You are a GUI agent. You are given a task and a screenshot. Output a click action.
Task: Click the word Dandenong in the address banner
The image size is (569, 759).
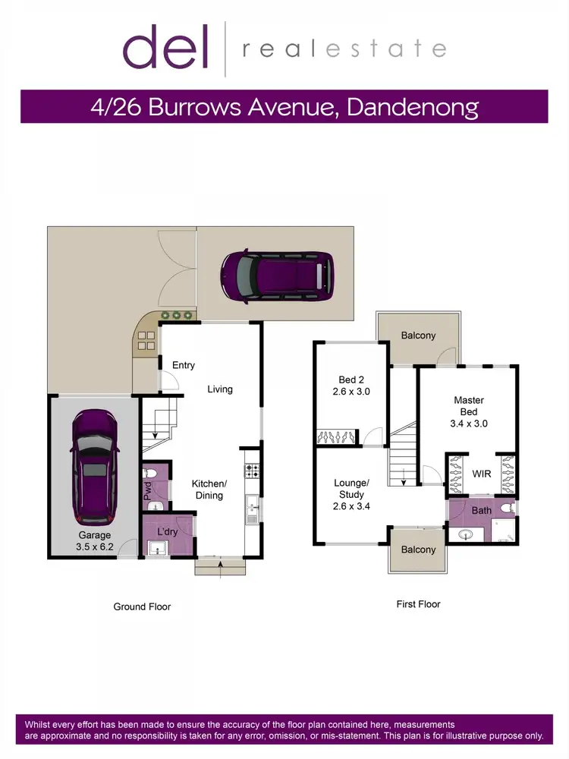(412, 106)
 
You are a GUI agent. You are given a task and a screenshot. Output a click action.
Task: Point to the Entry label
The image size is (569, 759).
(183, 365)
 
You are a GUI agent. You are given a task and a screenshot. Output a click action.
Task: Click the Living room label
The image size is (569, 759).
(220, 389)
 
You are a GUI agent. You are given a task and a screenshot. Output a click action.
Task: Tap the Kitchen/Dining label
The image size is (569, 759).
(209, 490)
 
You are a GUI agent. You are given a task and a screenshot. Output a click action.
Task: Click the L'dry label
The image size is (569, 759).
(167, 533)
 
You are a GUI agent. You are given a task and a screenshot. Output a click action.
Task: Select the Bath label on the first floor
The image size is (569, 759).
(482, 510)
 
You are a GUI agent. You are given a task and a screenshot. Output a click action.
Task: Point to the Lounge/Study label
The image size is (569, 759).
(351, 489)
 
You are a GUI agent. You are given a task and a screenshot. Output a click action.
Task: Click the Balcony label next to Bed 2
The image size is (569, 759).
(418, 335)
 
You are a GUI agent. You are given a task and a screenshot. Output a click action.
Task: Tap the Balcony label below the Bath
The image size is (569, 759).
(418, 550)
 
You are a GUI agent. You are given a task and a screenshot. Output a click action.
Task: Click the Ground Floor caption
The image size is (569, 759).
(142, 606)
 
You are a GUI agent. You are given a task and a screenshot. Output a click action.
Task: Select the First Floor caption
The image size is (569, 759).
(418, 604)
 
